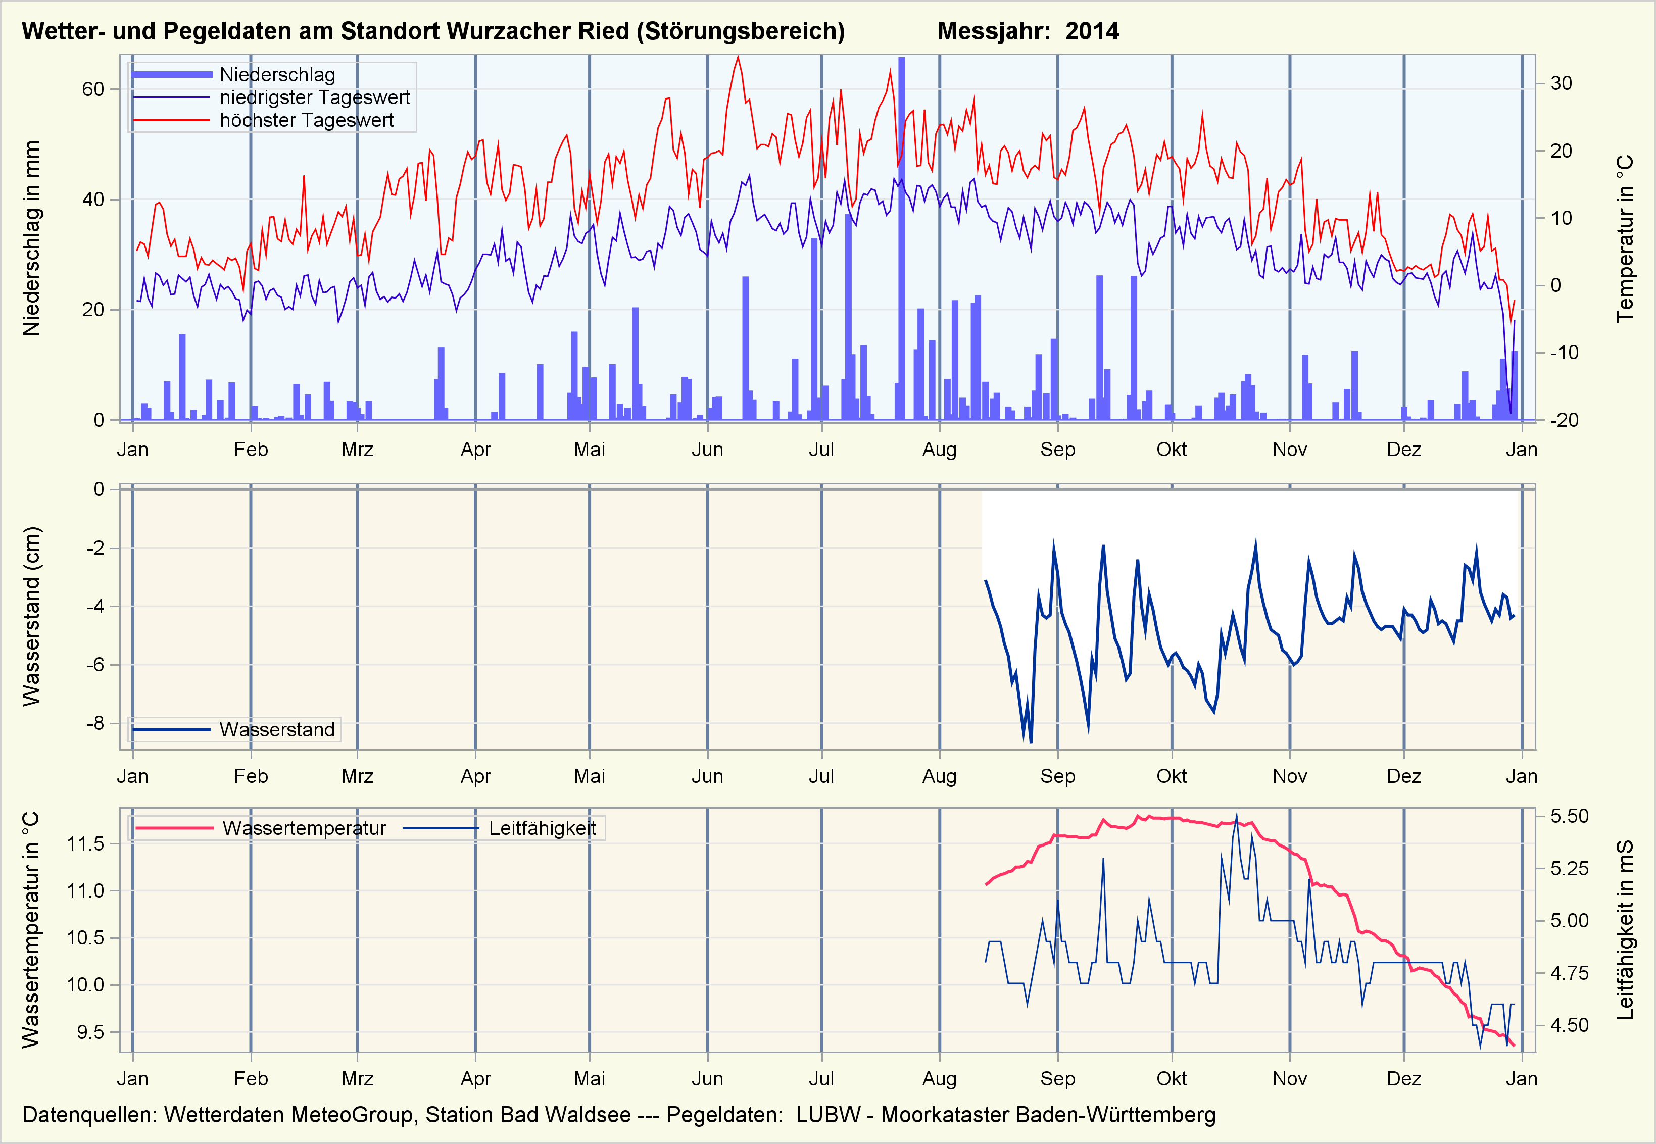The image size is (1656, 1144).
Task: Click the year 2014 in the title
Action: [1091, 31]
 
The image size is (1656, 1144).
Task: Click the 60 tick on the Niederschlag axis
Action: [93, 89]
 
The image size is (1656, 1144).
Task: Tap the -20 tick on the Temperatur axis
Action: [1564, 420]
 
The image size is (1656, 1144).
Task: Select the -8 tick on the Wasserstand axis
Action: [95, 723]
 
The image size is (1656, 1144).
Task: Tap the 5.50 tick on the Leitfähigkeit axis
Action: [1569, 816]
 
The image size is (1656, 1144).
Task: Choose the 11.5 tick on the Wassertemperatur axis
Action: [85, 843]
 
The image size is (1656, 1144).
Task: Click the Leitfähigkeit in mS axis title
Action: [1625, 930]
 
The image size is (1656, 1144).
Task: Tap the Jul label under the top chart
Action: [821, 450]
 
